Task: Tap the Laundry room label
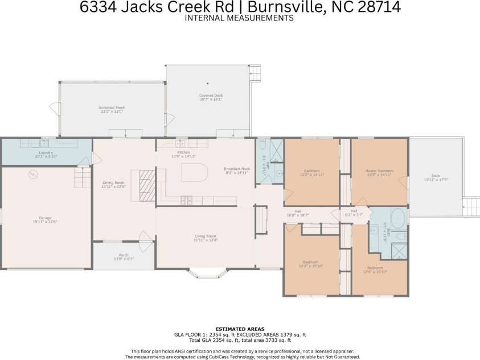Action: [46, 153]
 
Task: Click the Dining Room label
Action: [112, 183]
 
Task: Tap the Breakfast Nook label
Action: [237, 169]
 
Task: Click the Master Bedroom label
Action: [379, 171]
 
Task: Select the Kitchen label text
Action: [183, 153]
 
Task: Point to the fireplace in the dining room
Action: [147, 186]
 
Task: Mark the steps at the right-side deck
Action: [471, 203]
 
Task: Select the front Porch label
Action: [124, 255]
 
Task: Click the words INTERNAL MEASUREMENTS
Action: [239, 18]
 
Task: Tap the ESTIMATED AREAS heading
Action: [240, 329]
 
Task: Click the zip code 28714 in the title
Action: [377, 7]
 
